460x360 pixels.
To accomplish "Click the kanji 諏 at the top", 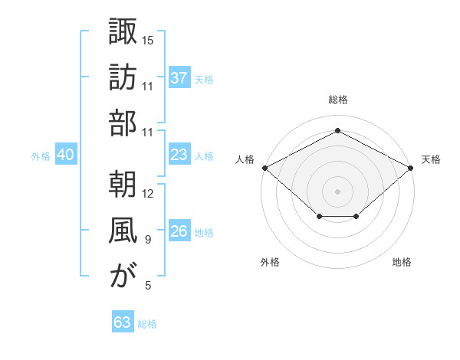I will (x=123, y=31).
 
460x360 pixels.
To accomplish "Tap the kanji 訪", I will (x=123, y=77).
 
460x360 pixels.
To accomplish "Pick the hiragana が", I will (x=123, y=276).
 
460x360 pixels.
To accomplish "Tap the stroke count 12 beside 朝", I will (x=148, y=193).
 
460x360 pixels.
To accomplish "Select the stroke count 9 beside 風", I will (x=148, y=240).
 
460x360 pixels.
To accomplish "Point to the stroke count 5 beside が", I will (x=148, y=286).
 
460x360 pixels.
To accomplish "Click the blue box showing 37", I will (x=179, y=78).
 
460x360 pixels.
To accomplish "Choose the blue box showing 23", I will (x=179, y=155).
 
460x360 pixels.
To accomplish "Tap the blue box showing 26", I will (x=179, y=231).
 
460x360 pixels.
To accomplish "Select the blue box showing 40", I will (x=65, y=155).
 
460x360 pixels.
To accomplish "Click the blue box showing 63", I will (x=123, y=322).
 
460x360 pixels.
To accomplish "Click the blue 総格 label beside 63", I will (x=147, y=324).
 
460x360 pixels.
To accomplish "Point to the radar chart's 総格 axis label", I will (x=337, y=100).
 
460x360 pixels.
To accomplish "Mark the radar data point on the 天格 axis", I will (x=411, y=167).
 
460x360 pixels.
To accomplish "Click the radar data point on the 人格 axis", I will (x=264, y=167).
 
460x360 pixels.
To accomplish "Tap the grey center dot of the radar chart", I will (x=337, y=191).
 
